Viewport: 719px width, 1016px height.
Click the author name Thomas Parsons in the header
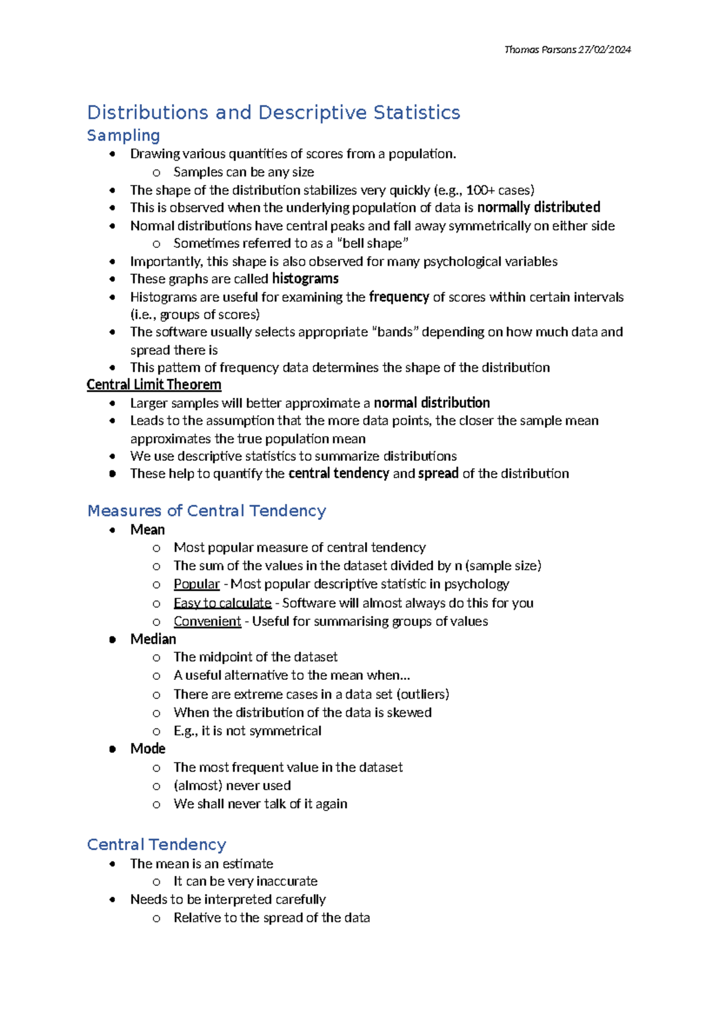click(540, 50)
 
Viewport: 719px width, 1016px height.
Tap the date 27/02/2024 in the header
click(605, 50)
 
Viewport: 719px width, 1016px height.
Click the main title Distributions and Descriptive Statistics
click(273, 113)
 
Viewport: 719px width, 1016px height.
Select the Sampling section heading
click(123, 135)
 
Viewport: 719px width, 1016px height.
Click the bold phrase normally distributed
click(538, 207)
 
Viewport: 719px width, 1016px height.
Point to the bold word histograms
click(305, 279)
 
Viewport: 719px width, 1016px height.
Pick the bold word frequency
click(398, 297)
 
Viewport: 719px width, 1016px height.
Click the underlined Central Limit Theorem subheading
click(154, 385)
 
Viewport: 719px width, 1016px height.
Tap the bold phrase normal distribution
click(431, 403)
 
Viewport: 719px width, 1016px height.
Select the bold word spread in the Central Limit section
click(438, 473)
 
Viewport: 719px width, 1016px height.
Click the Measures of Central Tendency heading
click(207, 511)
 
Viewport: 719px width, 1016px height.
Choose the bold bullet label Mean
click(147, 530)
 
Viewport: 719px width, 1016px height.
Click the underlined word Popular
click(197, 584)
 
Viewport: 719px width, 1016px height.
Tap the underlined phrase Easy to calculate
click(222, 603)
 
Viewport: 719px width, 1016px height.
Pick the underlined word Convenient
click(207, 621)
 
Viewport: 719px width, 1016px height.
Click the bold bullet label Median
click(153, 639)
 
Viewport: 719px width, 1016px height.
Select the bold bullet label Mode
click(147, 749)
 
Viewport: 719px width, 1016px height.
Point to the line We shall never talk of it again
click(260, 804)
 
